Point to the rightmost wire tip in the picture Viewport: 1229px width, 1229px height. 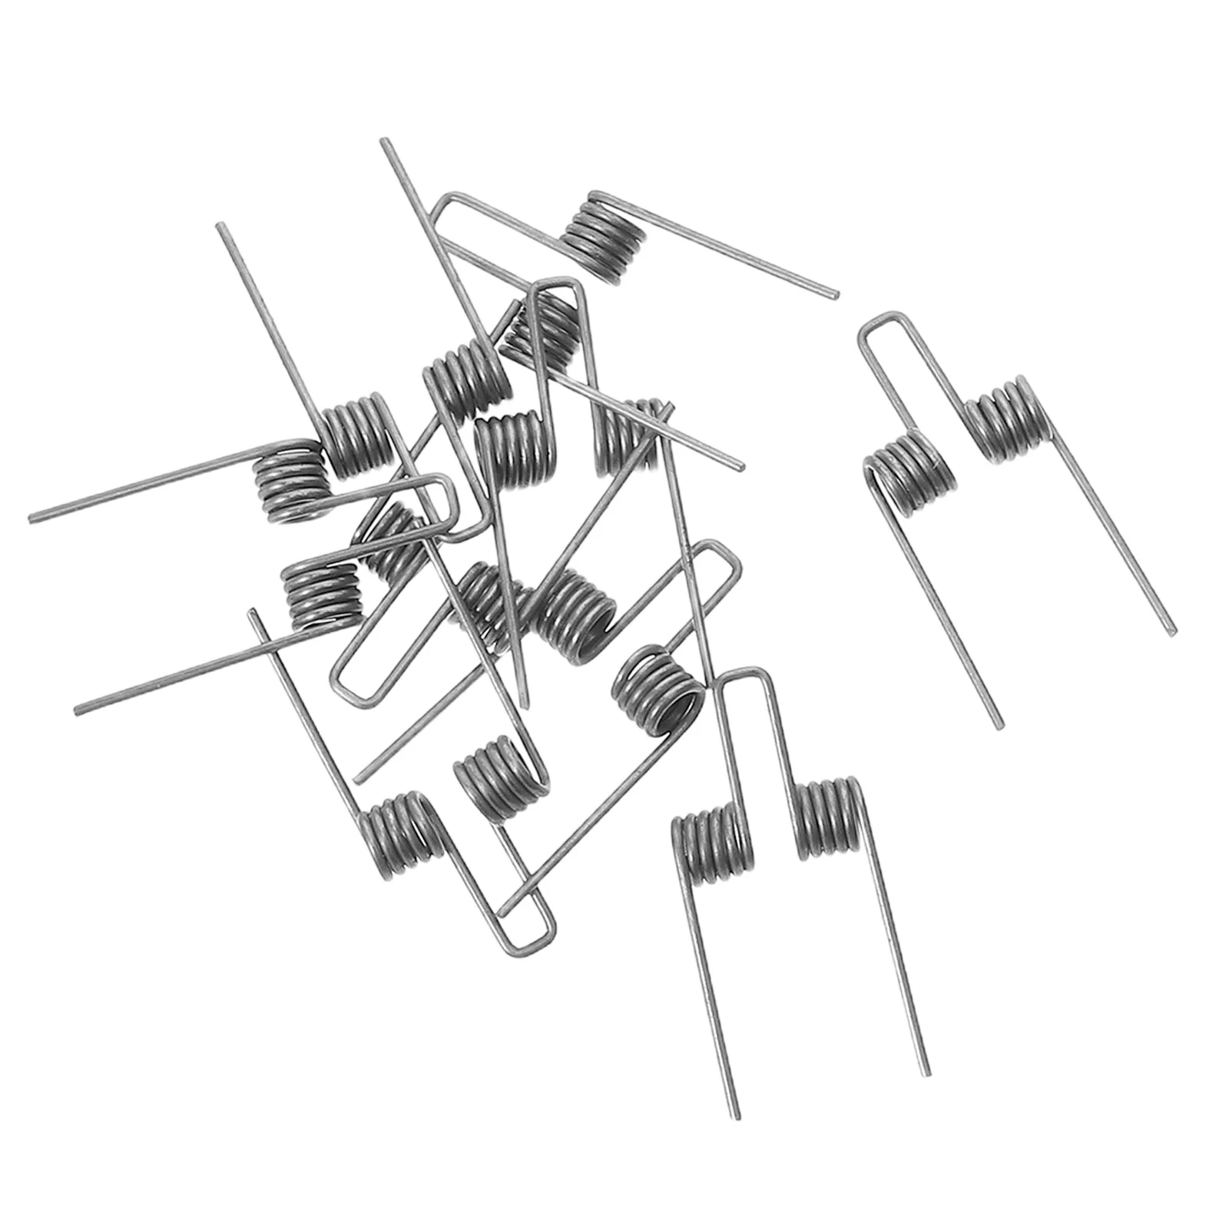click(1172, 632)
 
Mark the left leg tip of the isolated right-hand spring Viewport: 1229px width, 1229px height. click(999, 725)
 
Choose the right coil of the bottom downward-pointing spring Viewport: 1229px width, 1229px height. click(830, 818)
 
